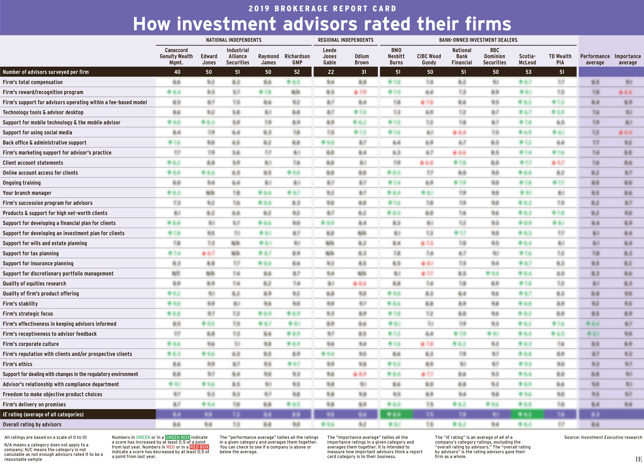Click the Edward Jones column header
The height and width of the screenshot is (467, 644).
[209, 59]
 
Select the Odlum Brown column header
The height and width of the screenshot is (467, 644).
[362, 59]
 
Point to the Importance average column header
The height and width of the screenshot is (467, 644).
[628, 59]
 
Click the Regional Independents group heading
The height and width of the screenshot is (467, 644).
[346, 40]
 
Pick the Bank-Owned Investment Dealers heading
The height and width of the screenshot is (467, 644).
[478, 40]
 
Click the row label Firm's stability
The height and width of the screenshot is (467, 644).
[20, 304]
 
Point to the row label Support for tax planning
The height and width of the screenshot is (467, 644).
[31, 253]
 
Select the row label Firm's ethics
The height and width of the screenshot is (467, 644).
[18, 364]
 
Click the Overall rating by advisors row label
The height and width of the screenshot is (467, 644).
[32, 424]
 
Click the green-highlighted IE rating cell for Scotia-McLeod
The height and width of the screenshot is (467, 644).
[527, 414]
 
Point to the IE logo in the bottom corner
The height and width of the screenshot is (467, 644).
[639, 459]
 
